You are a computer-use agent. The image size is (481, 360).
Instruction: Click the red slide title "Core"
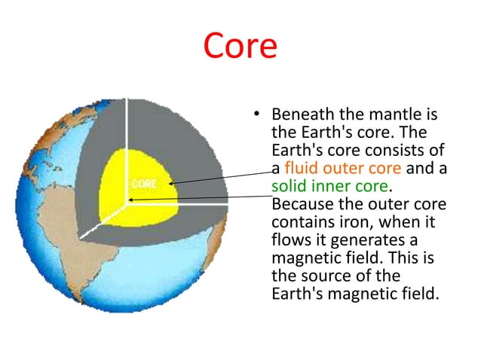[x=240, y=47]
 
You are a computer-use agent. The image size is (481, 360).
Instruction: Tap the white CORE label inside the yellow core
[x=143, y=184]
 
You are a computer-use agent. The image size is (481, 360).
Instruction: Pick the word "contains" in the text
[x=300, y=222]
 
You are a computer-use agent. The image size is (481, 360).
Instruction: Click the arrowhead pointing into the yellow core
[x=172, y=182]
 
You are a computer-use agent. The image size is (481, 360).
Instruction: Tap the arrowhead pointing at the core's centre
[x=130, y=200]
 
